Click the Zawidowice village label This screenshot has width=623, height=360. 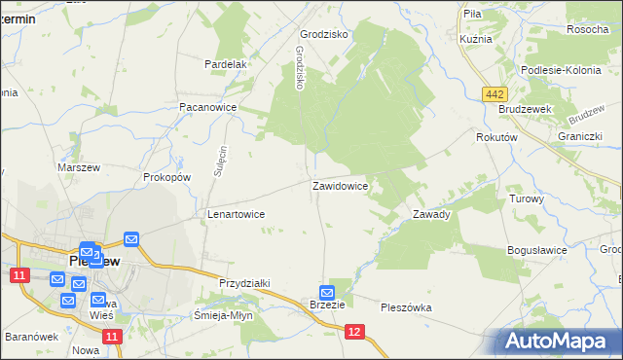(x=340, y=185)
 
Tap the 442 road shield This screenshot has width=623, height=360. (x=494, y=92)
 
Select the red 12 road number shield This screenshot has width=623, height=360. (x=354, y=333)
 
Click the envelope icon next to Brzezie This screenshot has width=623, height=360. (x=327, y=292)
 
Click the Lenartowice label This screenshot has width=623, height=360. (x=237, y=213)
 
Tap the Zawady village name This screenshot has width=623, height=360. (x=431, y=214)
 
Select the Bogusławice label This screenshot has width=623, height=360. (x=536, y=250)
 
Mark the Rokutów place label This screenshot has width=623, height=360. (x=495, y=138)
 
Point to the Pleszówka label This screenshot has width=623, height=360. (x=406, y=307)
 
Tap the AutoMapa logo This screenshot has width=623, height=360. (x=564, y=341)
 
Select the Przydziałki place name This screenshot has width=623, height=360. (x=244, y=282)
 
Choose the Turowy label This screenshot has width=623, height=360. (x=527, y=198)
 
